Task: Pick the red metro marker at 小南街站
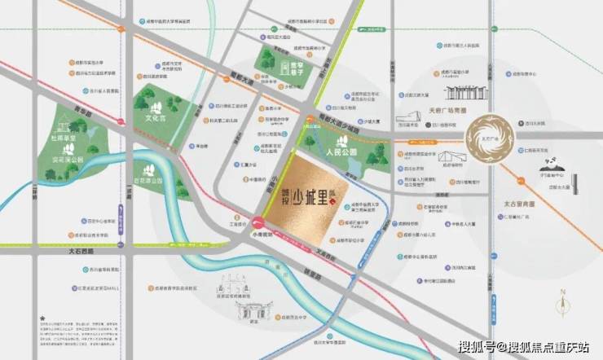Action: pyautogui.click(x=259, y=220)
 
